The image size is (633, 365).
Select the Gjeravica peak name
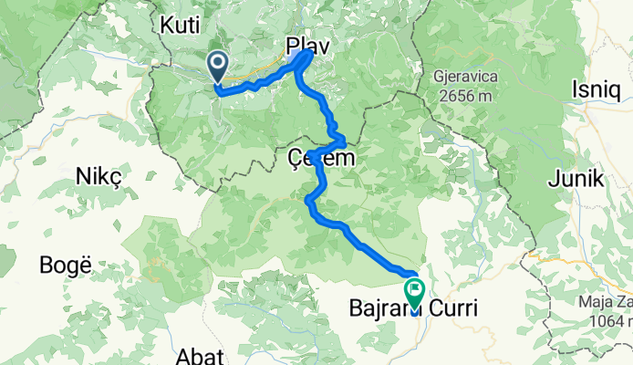(472, 79)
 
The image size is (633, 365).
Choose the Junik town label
(576, 180)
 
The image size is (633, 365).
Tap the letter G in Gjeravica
(439, 79)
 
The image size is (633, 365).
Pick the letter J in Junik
(553, 180)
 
